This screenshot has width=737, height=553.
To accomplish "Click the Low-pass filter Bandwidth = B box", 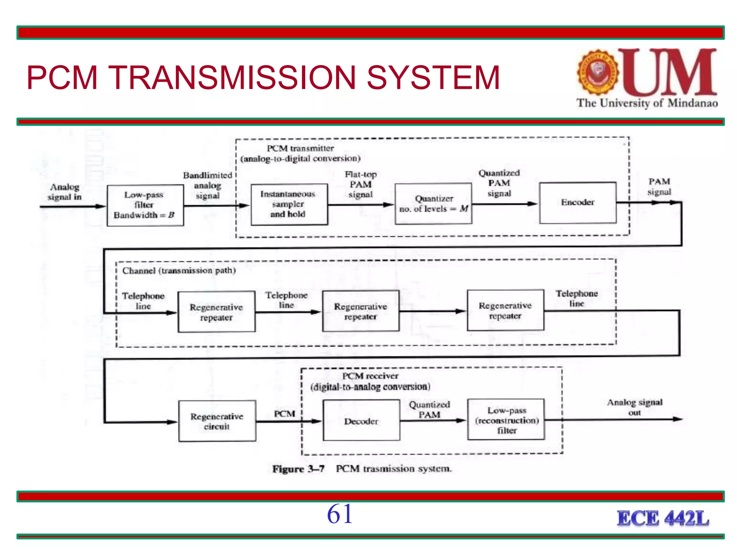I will [145, 205].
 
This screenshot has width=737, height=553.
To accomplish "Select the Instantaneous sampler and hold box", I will [289, 204].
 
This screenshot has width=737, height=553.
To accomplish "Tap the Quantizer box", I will [433, 204].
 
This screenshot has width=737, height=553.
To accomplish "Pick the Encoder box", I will [578, 203].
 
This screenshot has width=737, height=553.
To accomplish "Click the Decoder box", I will [361, 421].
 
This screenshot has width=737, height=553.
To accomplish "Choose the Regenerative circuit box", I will [217, 421].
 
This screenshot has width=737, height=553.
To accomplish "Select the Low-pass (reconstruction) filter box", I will [506, 420].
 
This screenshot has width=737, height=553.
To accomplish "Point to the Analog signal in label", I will [65, 192].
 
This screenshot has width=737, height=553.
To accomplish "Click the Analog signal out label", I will [634, 407].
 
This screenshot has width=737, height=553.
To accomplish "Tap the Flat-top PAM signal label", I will [361, 184].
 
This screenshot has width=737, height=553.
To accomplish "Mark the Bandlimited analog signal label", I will [208, 185].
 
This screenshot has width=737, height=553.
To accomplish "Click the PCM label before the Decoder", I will [284, 414].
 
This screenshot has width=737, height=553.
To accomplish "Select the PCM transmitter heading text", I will [300, 153].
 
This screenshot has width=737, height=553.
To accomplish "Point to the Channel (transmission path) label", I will [179, 271].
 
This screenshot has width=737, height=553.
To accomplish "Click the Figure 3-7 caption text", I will [362, 469].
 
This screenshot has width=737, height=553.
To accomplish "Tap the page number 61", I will [339, 514].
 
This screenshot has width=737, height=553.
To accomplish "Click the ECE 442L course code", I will [663, 519].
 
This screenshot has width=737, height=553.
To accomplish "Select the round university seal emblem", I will [598, 72].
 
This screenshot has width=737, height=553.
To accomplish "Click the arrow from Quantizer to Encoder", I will [505, 204].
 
